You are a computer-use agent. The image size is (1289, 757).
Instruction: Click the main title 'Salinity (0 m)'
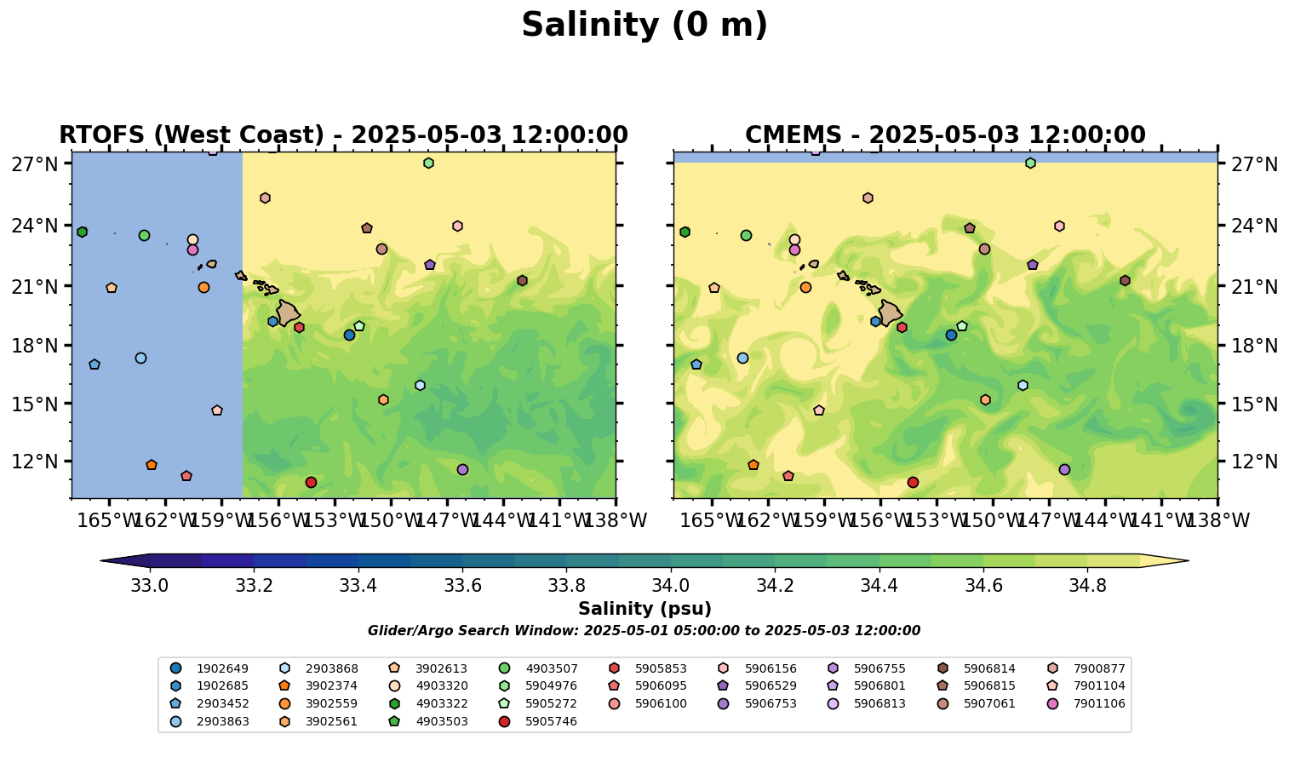[644, 26]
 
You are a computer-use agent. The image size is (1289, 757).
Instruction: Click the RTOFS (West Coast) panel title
[343, 135]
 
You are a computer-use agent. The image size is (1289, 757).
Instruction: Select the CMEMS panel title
[945, 135]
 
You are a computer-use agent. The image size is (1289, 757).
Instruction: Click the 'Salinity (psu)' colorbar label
[644, 609]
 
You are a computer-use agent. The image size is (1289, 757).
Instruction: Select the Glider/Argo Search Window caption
[644, 631]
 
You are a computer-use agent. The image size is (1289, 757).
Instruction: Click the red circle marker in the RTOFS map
[311, 482]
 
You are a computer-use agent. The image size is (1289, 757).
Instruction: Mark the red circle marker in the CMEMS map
[913, 482]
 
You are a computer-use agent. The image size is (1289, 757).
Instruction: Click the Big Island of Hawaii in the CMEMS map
[891, 313]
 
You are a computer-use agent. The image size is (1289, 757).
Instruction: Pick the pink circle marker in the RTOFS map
[192, 249]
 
